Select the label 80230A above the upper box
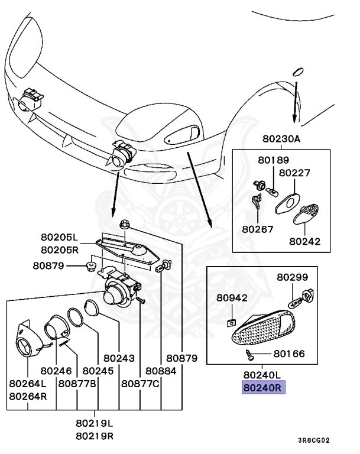tap(282, 140)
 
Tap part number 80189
tap(273, 160)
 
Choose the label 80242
tap(304, 241)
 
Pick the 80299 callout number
tap(293, 277)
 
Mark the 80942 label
tap(232, 298)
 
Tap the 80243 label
tap(119, 358)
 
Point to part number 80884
tap(161, 371)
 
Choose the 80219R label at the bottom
tap(94, 436)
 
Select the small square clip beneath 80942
tap(232, 322)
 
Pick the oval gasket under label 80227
tap(287, 202)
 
